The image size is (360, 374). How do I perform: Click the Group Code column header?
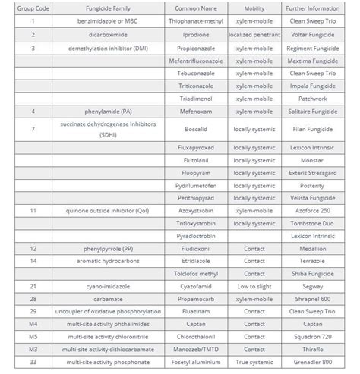point(32,8)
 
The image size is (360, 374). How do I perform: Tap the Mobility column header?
point(254,8)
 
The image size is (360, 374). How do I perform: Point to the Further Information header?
point(312,8)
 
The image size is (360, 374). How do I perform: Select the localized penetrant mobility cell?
point(254,34)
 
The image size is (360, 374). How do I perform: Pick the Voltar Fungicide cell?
point(312,34)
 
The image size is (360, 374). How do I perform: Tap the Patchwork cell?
point(312,98)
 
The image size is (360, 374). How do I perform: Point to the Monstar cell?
point(312,160)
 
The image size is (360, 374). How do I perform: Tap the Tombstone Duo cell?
point(312,223)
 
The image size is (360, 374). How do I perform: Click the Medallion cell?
point(312,248)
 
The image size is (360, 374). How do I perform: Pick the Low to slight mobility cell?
point(254,286)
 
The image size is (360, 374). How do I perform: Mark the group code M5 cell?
point(32,337)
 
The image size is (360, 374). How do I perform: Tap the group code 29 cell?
point(32,311)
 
